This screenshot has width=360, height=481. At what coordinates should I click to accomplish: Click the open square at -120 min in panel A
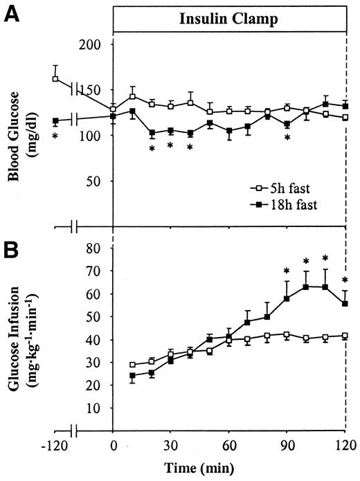55,79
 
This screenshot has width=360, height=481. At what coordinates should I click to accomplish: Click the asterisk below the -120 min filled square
55,136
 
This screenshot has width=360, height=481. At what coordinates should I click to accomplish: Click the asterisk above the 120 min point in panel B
345,281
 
